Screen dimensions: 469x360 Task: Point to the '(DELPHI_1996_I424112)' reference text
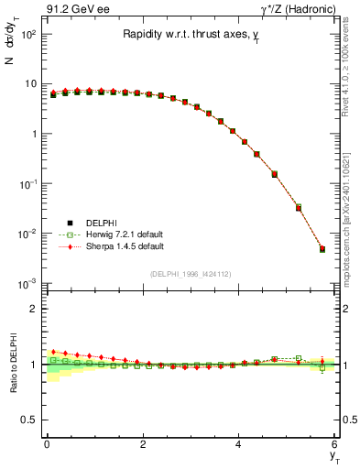click(190, 274)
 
